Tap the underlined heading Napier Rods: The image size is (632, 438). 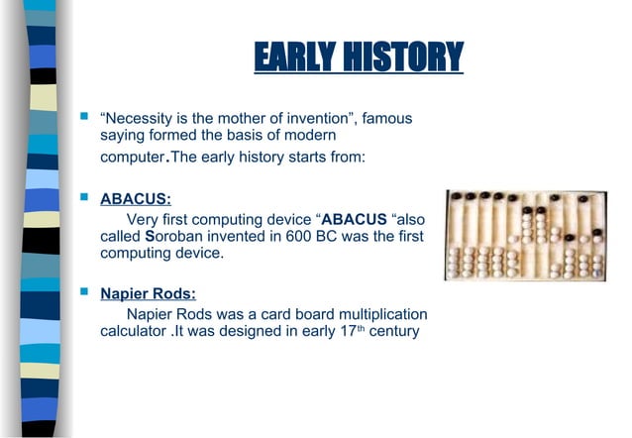click(148, 293)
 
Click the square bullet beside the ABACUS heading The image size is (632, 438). click(84, 197)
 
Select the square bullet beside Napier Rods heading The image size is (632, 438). click(84, 293)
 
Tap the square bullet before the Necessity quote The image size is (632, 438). click(84, 119)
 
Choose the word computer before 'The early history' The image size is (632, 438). click(132, 159)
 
